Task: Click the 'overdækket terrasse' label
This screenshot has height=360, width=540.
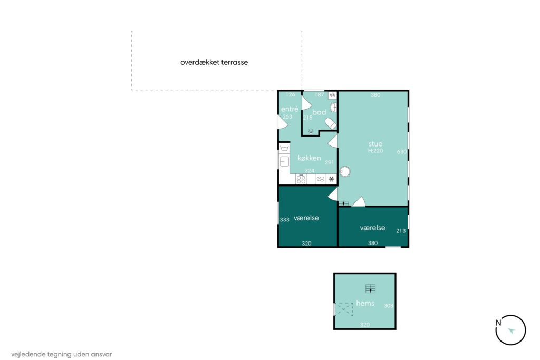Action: click(214, 62)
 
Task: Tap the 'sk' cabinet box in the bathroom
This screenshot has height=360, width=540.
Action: click(332, 95)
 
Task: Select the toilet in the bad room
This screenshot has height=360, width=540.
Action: click(331, 123)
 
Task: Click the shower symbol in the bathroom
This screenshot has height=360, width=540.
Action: click(311, 131)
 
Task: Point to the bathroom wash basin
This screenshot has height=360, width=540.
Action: click(333, 108)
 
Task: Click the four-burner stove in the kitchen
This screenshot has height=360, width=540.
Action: click(301, 179)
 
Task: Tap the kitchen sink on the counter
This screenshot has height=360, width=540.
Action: click(284, 161)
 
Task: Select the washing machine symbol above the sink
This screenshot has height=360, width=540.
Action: click(284, 148)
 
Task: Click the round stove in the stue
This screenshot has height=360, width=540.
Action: click(345, 171)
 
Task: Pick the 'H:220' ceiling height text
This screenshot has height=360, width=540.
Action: click(375, 151)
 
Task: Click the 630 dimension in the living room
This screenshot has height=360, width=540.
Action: click(401, 152)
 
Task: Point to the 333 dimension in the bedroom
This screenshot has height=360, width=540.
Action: click(284, 220)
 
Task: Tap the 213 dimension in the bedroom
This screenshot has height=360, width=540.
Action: click(401, 231)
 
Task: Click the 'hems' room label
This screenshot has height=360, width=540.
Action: click(365, 303)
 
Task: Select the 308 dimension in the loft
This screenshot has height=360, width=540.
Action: click(389, 306)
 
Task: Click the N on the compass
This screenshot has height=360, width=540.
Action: click(498, 323)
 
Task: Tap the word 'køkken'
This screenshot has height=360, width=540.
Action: click(309, 158)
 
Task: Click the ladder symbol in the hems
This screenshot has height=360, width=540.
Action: click(371, 288)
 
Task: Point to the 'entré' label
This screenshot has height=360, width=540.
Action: click(290, 109)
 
